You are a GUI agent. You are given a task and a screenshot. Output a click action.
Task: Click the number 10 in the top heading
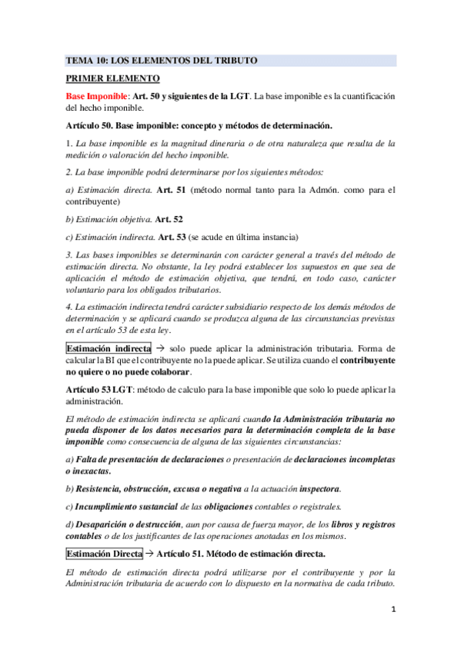[99, 61]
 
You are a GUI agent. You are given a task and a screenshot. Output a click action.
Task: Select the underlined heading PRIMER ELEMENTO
[113, 78]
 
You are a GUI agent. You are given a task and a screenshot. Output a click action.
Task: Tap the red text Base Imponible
[96, 95]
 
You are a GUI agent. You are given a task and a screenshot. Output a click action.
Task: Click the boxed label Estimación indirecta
[109, 348]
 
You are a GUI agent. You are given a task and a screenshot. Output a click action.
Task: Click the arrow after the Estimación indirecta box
[159, 348]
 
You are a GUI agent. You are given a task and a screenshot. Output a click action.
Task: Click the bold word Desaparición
[106, 524]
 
